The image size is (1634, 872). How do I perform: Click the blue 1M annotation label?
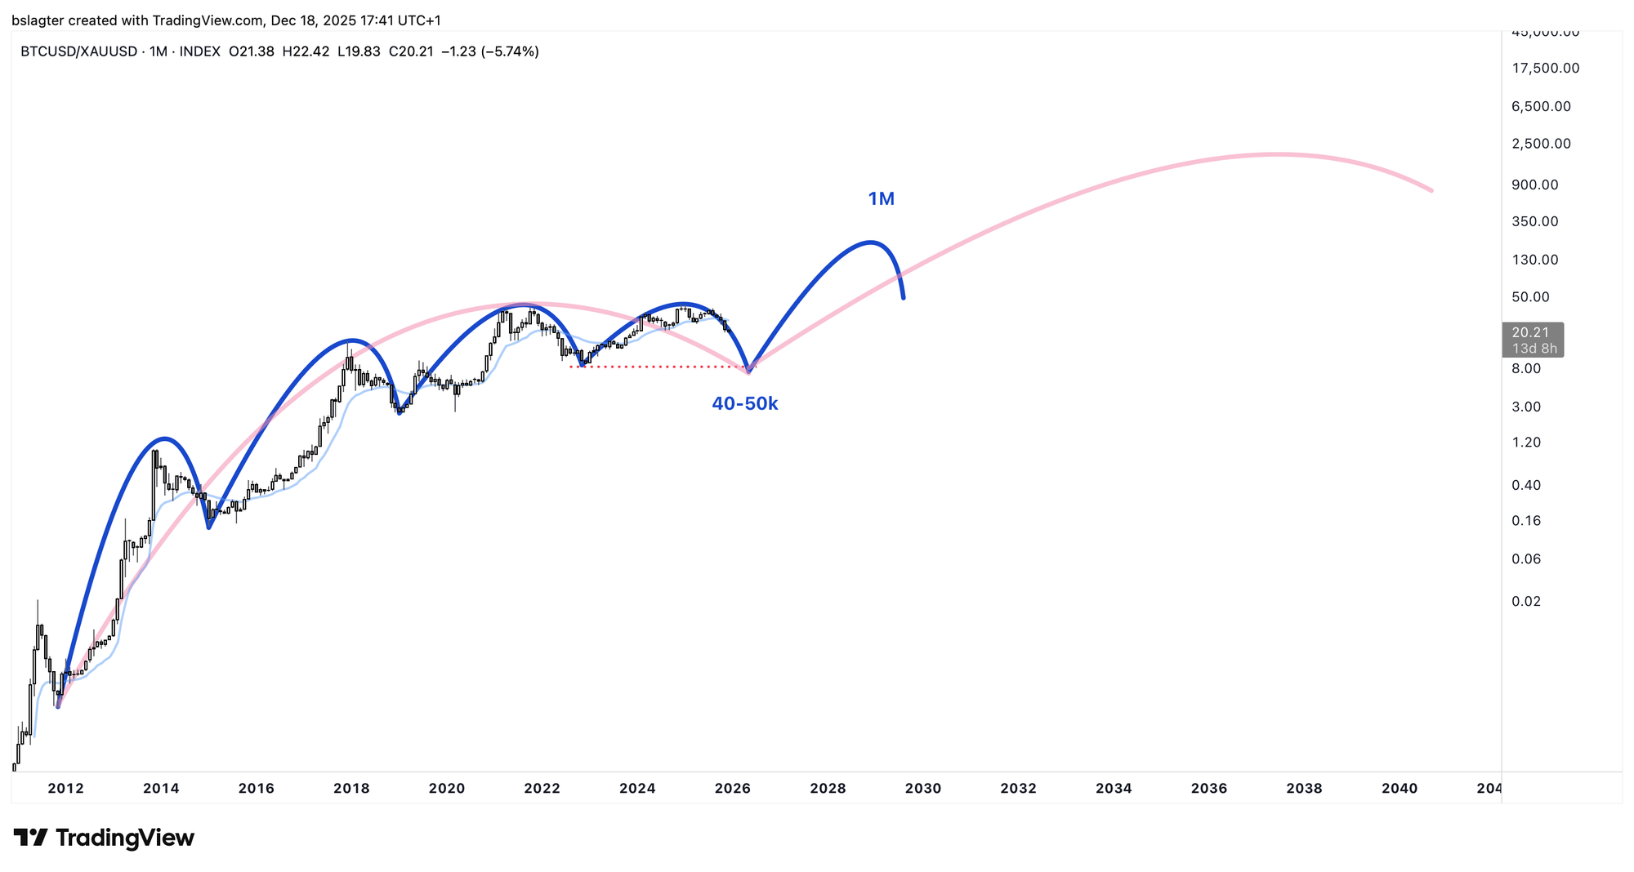[881, 198]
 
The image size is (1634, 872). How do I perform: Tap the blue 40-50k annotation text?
[744, 403]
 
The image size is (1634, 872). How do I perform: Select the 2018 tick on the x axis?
[351, 789]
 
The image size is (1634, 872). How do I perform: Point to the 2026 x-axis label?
[733, 789]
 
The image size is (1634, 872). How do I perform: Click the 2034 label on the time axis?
[1114, 789]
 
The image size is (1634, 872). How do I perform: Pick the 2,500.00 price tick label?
[1541, 144]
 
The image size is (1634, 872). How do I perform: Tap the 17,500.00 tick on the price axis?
[1545, 68]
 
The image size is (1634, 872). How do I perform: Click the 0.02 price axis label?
[1526, 602]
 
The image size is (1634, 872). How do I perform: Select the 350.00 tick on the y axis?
[1534, 221]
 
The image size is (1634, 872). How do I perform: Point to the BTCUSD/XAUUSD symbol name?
[79, 51]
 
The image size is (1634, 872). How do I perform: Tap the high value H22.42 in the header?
[306, 51]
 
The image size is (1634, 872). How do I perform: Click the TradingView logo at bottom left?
[104, 838]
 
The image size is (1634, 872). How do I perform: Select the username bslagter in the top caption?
[39, 20]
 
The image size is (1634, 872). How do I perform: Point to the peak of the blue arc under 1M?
[871, 242]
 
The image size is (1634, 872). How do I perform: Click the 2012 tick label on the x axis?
[65, 789]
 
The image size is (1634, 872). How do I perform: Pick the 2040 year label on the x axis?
[1399, 789]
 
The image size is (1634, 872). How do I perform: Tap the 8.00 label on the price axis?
[1526, 368]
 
